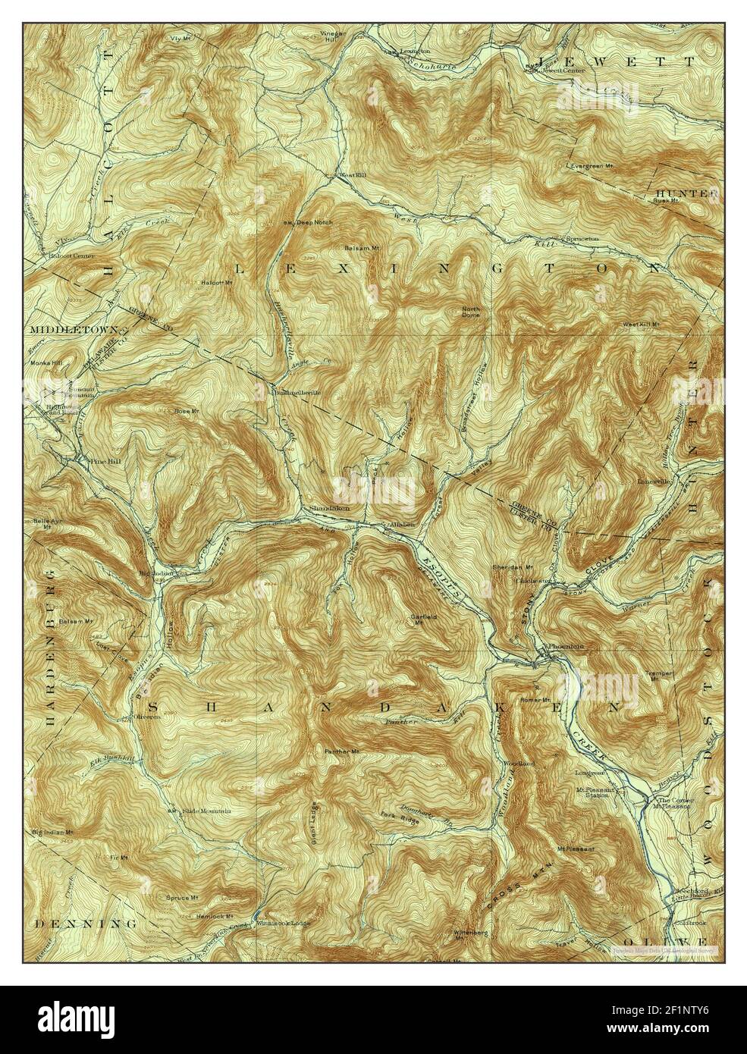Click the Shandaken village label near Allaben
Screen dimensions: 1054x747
329,508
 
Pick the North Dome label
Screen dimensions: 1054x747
471,312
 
